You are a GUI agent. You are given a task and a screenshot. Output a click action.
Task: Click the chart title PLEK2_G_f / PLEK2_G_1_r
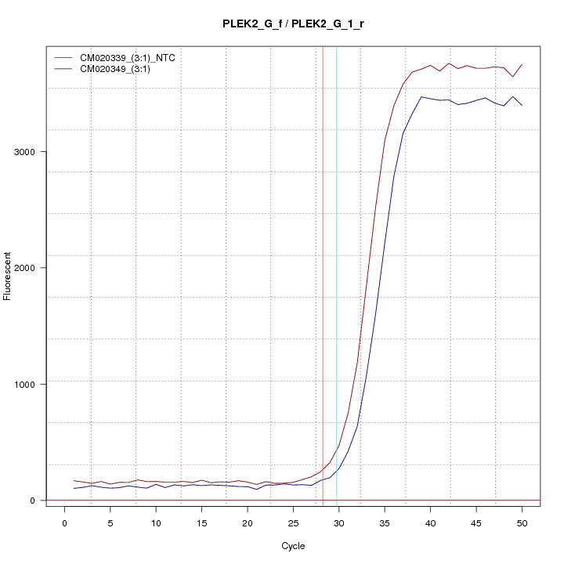(293, 23)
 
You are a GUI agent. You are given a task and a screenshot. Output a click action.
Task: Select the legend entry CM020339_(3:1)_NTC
(132, 58)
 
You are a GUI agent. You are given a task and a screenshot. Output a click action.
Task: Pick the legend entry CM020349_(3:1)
(121, 69)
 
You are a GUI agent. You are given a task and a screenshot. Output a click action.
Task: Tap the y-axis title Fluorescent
(8, 276)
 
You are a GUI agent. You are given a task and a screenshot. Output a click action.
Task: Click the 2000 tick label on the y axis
(26, 268)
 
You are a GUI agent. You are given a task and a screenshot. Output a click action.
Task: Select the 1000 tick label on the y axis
(26, 384)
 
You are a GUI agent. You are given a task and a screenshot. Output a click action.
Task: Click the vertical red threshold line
(323, 235)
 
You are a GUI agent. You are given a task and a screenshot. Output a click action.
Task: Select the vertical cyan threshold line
(337, 235)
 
